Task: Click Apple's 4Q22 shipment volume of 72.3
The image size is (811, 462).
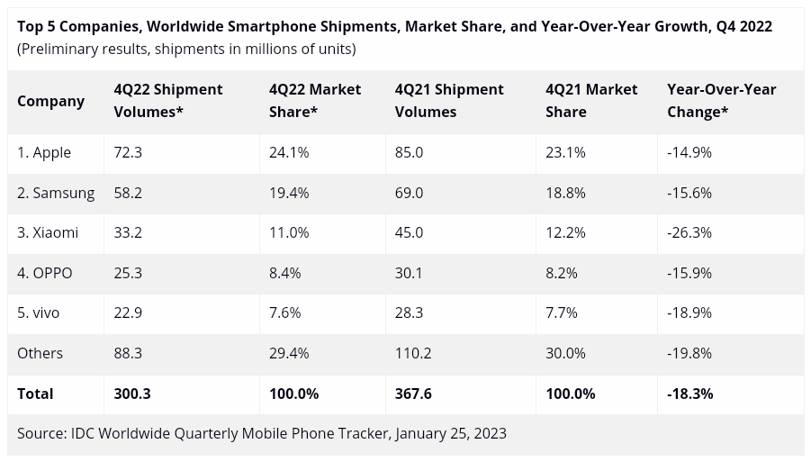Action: [128, 152]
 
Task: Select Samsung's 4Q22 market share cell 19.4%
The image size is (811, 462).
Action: [288, 193]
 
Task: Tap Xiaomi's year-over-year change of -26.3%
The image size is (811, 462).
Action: [689, 232]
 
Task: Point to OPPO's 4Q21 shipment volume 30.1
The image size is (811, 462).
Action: [409, 273]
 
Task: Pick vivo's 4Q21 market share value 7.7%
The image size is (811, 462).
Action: [562, 313]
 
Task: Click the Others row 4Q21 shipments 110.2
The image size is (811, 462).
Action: [413, 353]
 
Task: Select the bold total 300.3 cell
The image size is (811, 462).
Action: [131, 394]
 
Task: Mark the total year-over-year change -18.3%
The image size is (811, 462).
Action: [690, 394]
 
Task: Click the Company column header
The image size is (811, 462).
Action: [50, 101]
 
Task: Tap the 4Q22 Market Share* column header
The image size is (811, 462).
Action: [315, 101]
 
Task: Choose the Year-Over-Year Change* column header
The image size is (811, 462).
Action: [721, 101]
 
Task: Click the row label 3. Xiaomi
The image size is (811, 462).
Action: [48, 232]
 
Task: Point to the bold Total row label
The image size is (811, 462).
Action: [35, 394]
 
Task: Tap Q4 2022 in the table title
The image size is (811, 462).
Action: [744, 26]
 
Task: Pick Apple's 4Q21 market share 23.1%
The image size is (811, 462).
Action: [565, 152]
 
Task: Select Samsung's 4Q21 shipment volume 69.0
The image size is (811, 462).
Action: [409, 193]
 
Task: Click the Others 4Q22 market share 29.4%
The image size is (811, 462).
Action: [289, 353]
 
